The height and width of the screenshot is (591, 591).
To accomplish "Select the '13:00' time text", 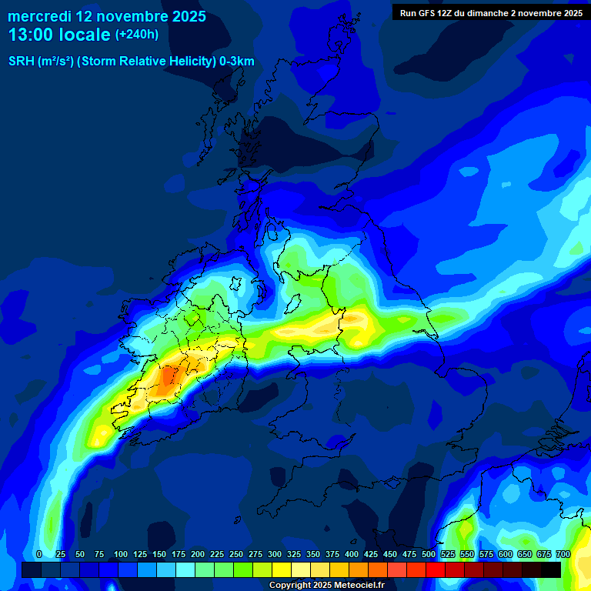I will pyautogui.click(x=30, y=35).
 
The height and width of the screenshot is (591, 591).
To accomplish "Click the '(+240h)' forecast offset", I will pyautogui.click(x=137, y=35).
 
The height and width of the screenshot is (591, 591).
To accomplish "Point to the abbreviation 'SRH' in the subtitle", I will pyautogui.click(x=22, y=62).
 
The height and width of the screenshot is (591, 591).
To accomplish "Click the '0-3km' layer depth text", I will pyautogui.click(x=237, y=62).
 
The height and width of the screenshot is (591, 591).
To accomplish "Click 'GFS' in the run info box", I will pyautogui.click(x=429, y=13).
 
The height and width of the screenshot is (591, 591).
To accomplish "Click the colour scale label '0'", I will pyautogui.click(x=39, y=554).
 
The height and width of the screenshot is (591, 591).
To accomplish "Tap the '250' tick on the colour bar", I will pyautogui.click(x=236, y=554).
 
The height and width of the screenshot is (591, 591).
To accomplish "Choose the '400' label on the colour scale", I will pyautogui.click(x=352, y=554).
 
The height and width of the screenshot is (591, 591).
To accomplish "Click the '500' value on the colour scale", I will pyautogui.click(x=429, y=554).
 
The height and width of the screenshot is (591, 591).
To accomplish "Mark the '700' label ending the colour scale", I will pyautogui.click(x=563, y=554).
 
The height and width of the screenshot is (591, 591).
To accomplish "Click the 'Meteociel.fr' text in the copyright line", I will pyautogui.click(x=358, y=586).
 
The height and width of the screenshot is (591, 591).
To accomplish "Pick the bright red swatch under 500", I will pyautogui.click(x=435, y=569).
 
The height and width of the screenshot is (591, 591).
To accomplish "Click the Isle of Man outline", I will pyautogui.click(x=293, y=302).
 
